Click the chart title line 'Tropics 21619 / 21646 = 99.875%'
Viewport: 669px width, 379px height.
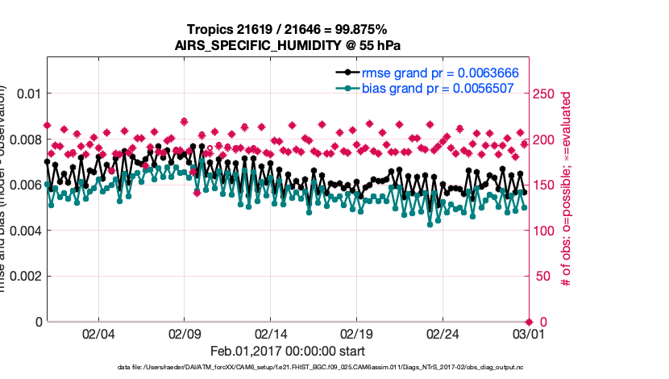point(286,29)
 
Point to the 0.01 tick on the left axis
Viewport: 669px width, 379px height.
point(28,94)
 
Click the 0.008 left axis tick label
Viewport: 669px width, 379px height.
point(23,140)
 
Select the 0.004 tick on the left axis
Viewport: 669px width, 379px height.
point(23,231)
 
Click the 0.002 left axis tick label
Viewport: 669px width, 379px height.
point(23,276)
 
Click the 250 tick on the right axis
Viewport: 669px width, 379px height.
point(546,94)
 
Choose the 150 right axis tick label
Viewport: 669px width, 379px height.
point(546,185)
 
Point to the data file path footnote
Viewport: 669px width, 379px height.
point(321,368)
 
